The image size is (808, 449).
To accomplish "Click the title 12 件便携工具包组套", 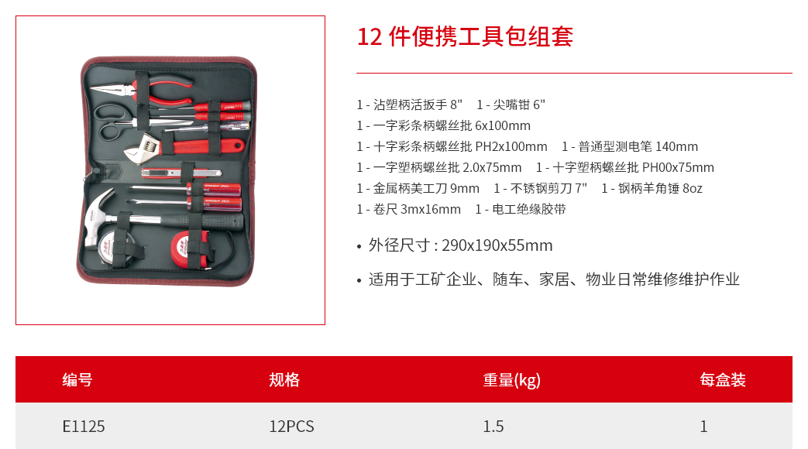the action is (465, 36).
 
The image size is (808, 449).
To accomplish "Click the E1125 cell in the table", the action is (84, 427).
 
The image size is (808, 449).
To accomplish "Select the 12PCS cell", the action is (291, 427).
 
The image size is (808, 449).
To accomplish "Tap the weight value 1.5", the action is (493, 427).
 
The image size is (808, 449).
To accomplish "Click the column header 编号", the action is (77, 379).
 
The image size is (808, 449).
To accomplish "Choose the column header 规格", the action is (284, 379).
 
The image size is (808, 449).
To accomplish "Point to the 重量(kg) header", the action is (512, 380).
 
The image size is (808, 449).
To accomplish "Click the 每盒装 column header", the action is (723, 379).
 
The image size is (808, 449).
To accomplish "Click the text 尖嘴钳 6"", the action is (519, 105).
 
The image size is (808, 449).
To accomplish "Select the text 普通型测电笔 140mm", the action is (638, 147).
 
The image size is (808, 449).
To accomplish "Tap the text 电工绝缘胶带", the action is (528, 209).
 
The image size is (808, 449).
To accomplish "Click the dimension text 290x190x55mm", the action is (497, 245).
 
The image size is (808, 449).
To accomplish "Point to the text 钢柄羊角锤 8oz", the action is (660, 188).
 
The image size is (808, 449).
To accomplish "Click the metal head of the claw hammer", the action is (98, 219).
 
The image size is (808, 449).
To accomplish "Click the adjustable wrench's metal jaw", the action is (141, 146).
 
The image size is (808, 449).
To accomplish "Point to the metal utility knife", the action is (181, 173).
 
